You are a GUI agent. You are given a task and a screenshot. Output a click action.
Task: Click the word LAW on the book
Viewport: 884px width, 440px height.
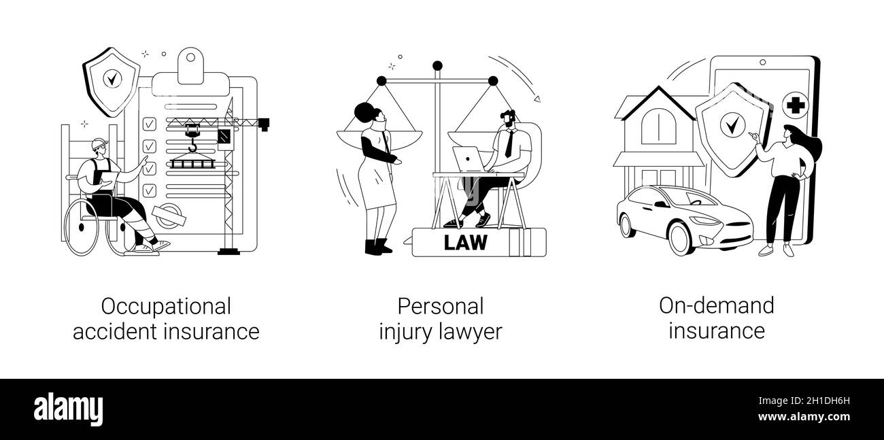466,243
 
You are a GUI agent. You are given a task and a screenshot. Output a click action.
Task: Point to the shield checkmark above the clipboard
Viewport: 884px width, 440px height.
111,79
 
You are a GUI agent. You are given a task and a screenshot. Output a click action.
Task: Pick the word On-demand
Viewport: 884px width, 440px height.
716,305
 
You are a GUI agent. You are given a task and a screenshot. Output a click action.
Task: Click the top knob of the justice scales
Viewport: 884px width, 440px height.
437,66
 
